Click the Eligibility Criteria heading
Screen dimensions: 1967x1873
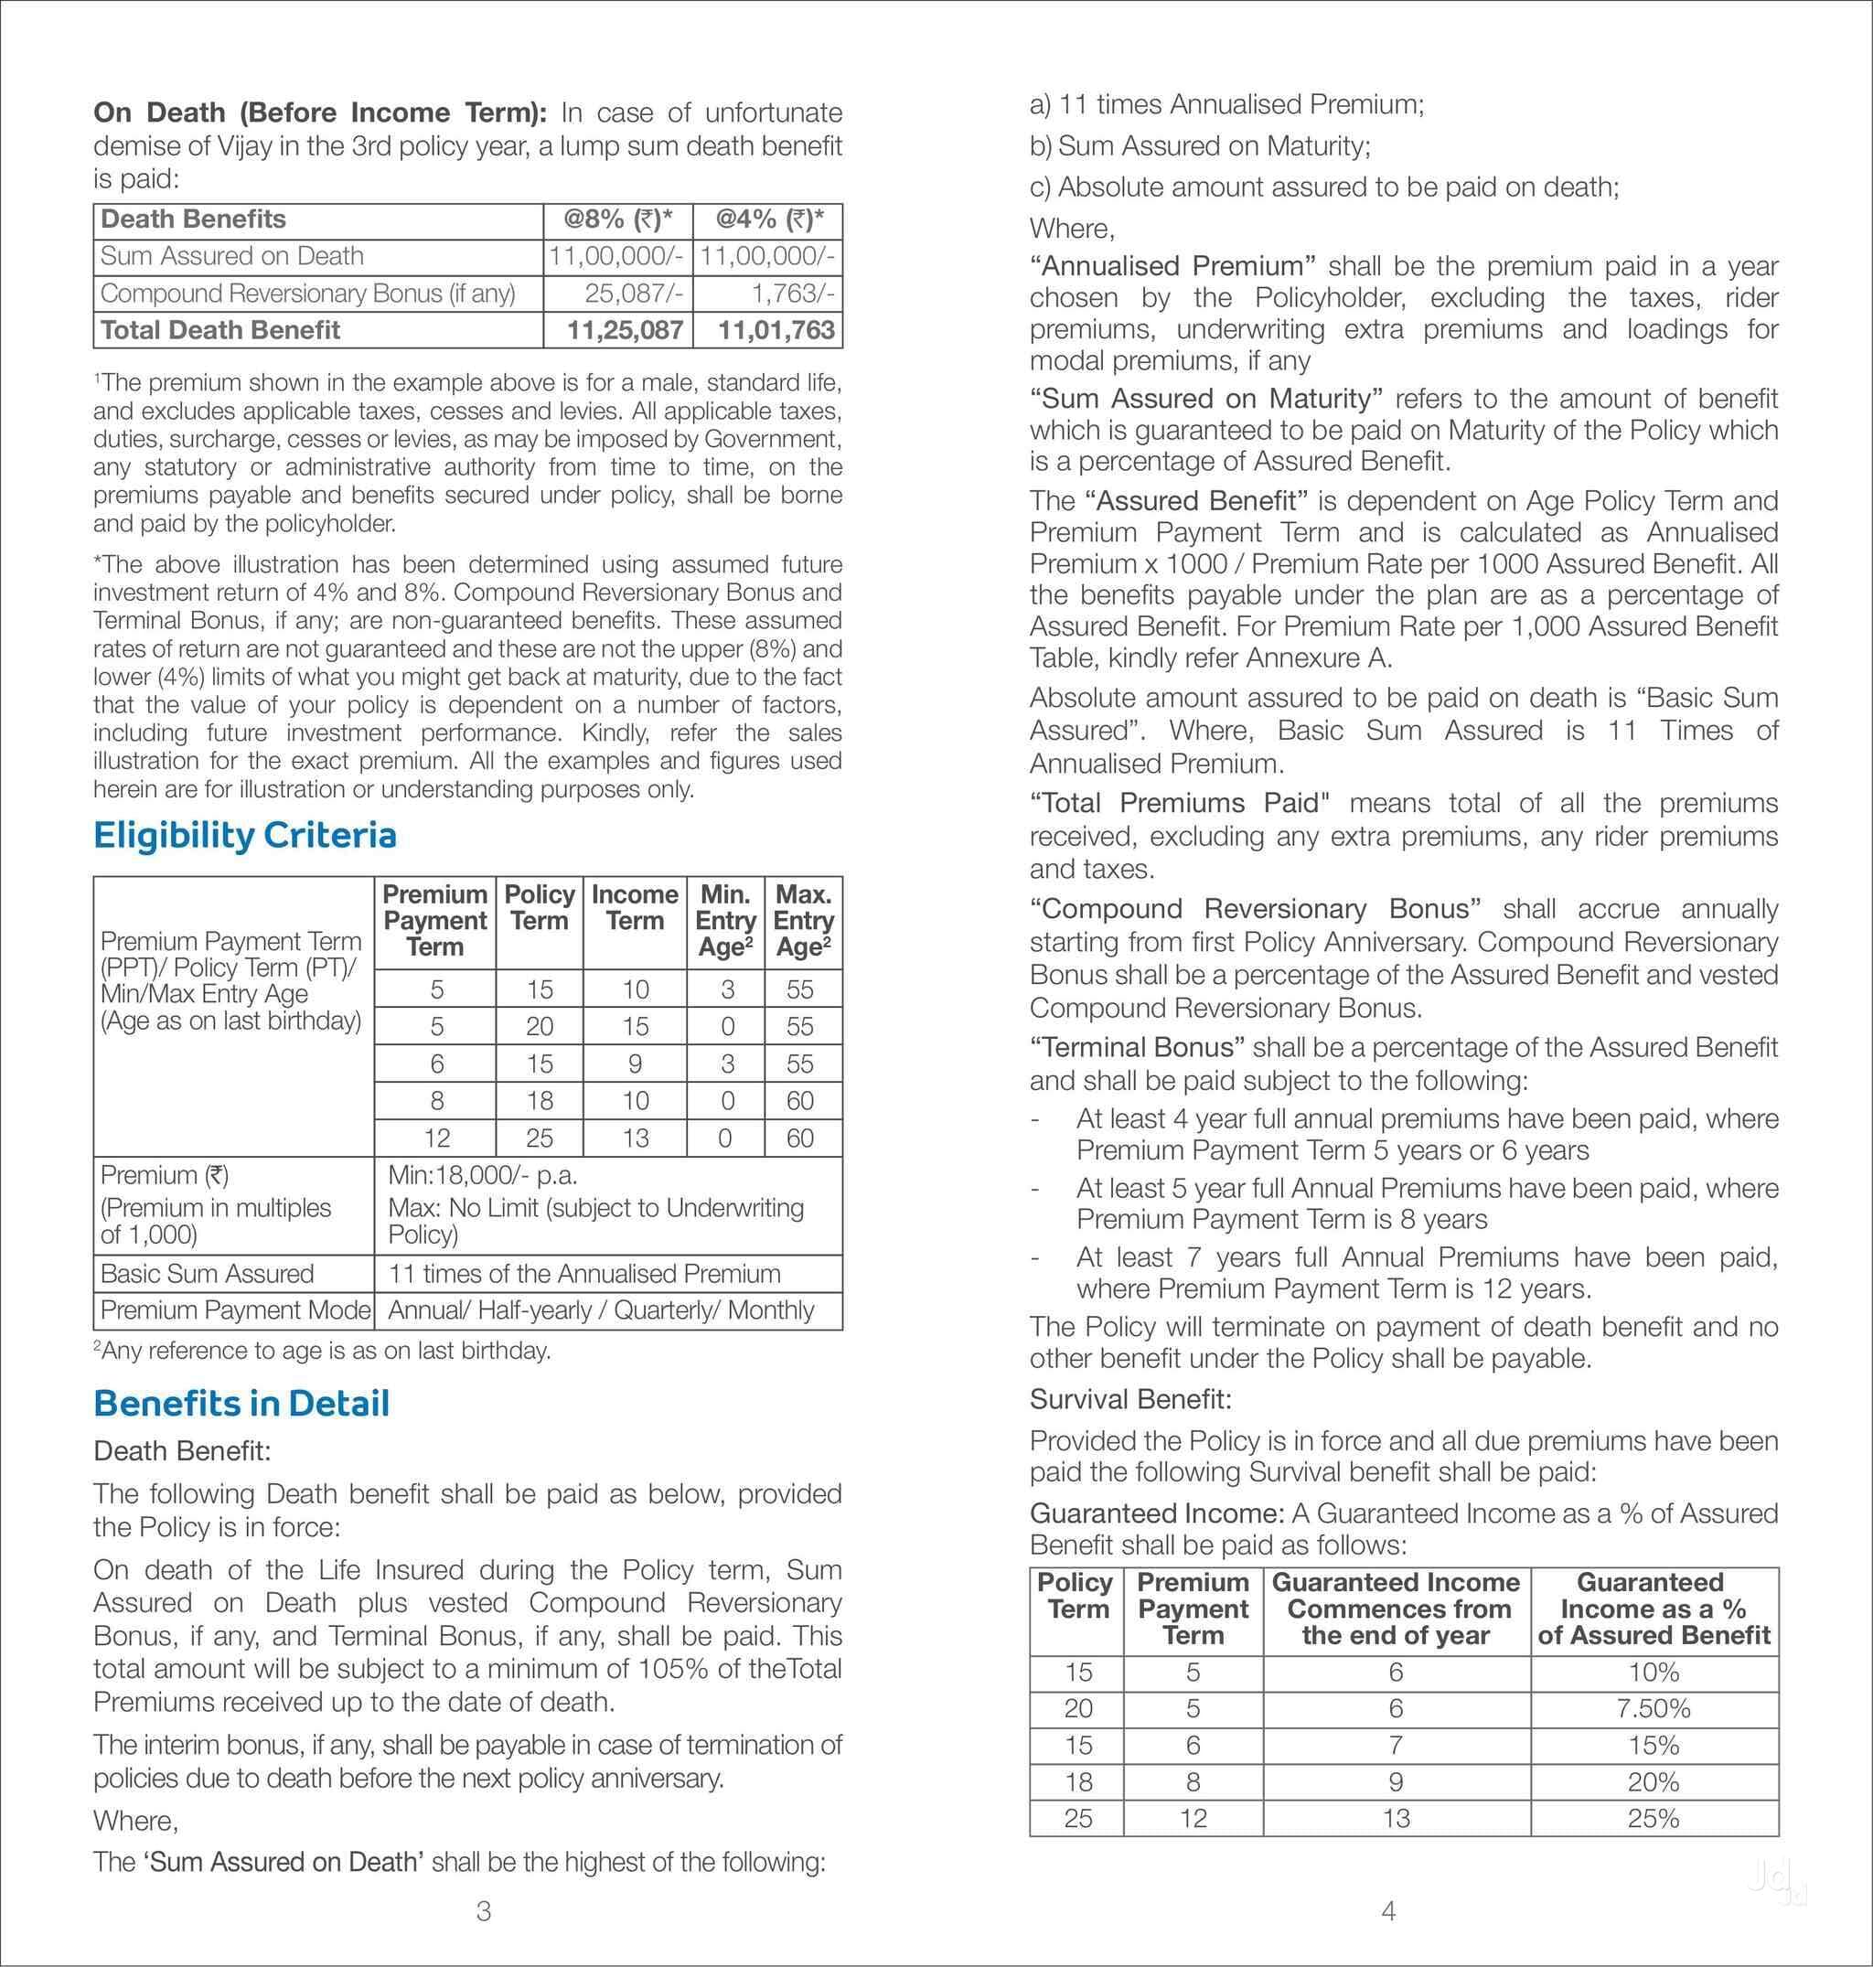click(x=244, y=835)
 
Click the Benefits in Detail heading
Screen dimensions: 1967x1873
click(x=241, y=1403)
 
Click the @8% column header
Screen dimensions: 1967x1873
click(x=618, y=219)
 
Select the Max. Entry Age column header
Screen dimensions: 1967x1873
click(x=803, y=920)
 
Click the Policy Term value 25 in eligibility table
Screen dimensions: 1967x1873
click(x=540, y=1138)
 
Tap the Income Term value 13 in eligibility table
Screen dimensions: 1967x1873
click(x=635, y=1138)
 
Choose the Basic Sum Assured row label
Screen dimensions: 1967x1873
click(x=208, y=1273)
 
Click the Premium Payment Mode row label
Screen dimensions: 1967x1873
click(x=236, y=1310)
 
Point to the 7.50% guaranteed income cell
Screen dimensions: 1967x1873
click(x=1654, y=1708)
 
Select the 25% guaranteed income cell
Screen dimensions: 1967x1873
click(x=1654, y=1818)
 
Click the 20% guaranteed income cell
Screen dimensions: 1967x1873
click(x=1654, y=1781)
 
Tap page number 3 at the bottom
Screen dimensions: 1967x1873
click(x=483, y=1911)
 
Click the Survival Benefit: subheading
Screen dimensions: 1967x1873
click(x=1130, y=1399)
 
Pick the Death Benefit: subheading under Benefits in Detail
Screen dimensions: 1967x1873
click(x=182, y=1449)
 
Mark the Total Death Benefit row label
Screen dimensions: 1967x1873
click(x=220, y=330)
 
